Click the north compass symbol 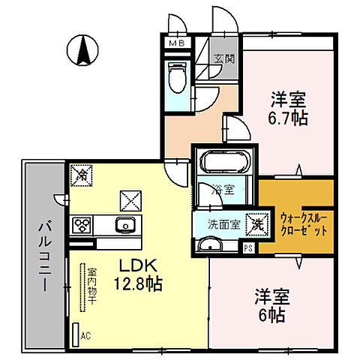tap(84, 50)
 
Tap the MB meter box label tap(175, 43)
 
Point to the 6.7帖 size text tap(289, 118)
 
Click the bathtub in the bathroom tap(224, 161)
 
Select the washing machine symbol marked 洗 tap(257, 222)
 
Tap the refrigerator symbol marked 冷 tap(80, 175)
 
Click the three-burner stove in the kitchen tap(81, 225)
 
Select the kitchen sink tap(124, 224)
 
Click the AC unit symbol tap(76, 334)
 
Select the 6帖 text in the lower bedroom tap(272, 314)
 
